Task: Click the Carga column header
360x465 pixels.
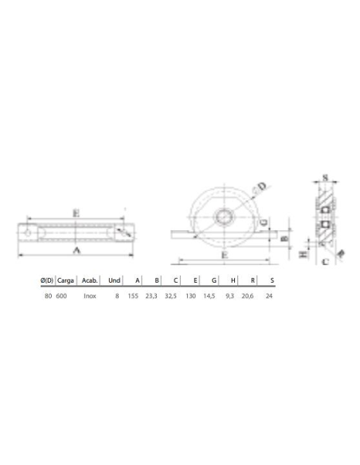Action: point(66,280)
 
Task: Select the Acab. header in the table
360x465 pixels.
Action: point(90,280)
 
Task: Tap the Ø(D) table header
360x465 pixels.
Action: point(46,280)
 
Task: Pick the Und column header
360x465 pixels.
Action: point(115,280)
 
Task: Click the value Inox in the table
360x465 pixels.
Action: point(90,295)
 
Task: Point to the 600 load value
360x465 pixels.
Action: point(61,295)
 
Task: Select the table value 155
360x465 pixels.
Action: point(135,295)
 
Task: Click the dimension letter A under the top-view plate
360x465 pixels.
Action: point(76,250)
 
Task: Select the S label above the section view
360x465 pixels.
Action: point(326,178)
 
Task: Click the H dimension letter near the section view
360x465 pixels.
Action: point(303,255)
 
